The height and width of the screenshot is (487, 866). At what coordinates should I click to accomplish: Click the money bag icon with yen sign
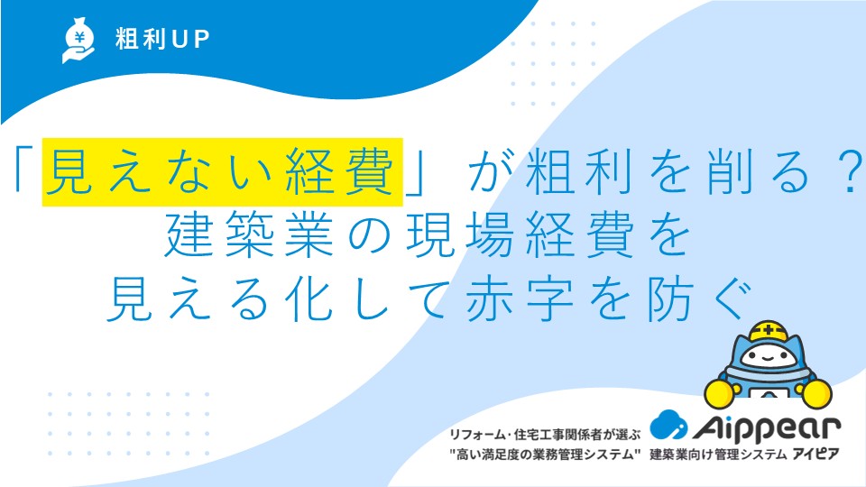click(78, 41)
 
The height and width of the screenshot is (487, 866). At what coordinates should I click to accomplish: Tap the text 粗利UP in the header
click(162, 39)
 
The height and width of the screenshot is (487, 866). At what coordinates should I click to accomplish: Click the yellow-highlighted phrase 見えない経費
click(223, 172)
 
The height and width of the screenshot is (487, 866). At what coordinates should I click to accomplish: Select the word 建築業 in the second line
click(250, 234)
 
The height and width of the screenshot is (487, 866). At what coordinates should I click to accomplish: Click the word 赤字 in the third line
click(520, 299)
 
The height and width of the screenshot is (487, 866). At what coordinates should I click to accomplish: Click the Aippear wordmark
click(767, 427)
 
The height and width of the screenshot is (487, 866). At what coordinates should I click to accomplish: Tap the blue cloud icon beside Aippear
click(668, 424)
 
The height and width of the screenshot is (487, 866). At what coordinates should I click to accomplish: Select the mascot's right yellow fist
click(817, 394)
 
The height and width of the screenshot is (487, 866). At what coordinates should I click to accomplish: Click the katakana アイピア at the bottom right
click(816, 455)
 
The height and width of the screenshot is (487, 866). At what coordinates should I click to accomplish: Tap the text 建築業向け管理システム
click(718, 455)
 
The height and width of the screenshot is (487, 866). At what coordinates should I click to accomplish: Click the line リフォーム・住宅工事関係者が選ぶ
click(545, 435)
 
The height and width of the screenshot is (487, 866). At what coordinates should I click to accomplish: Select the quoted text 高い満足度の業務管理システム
click(545, 455)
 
